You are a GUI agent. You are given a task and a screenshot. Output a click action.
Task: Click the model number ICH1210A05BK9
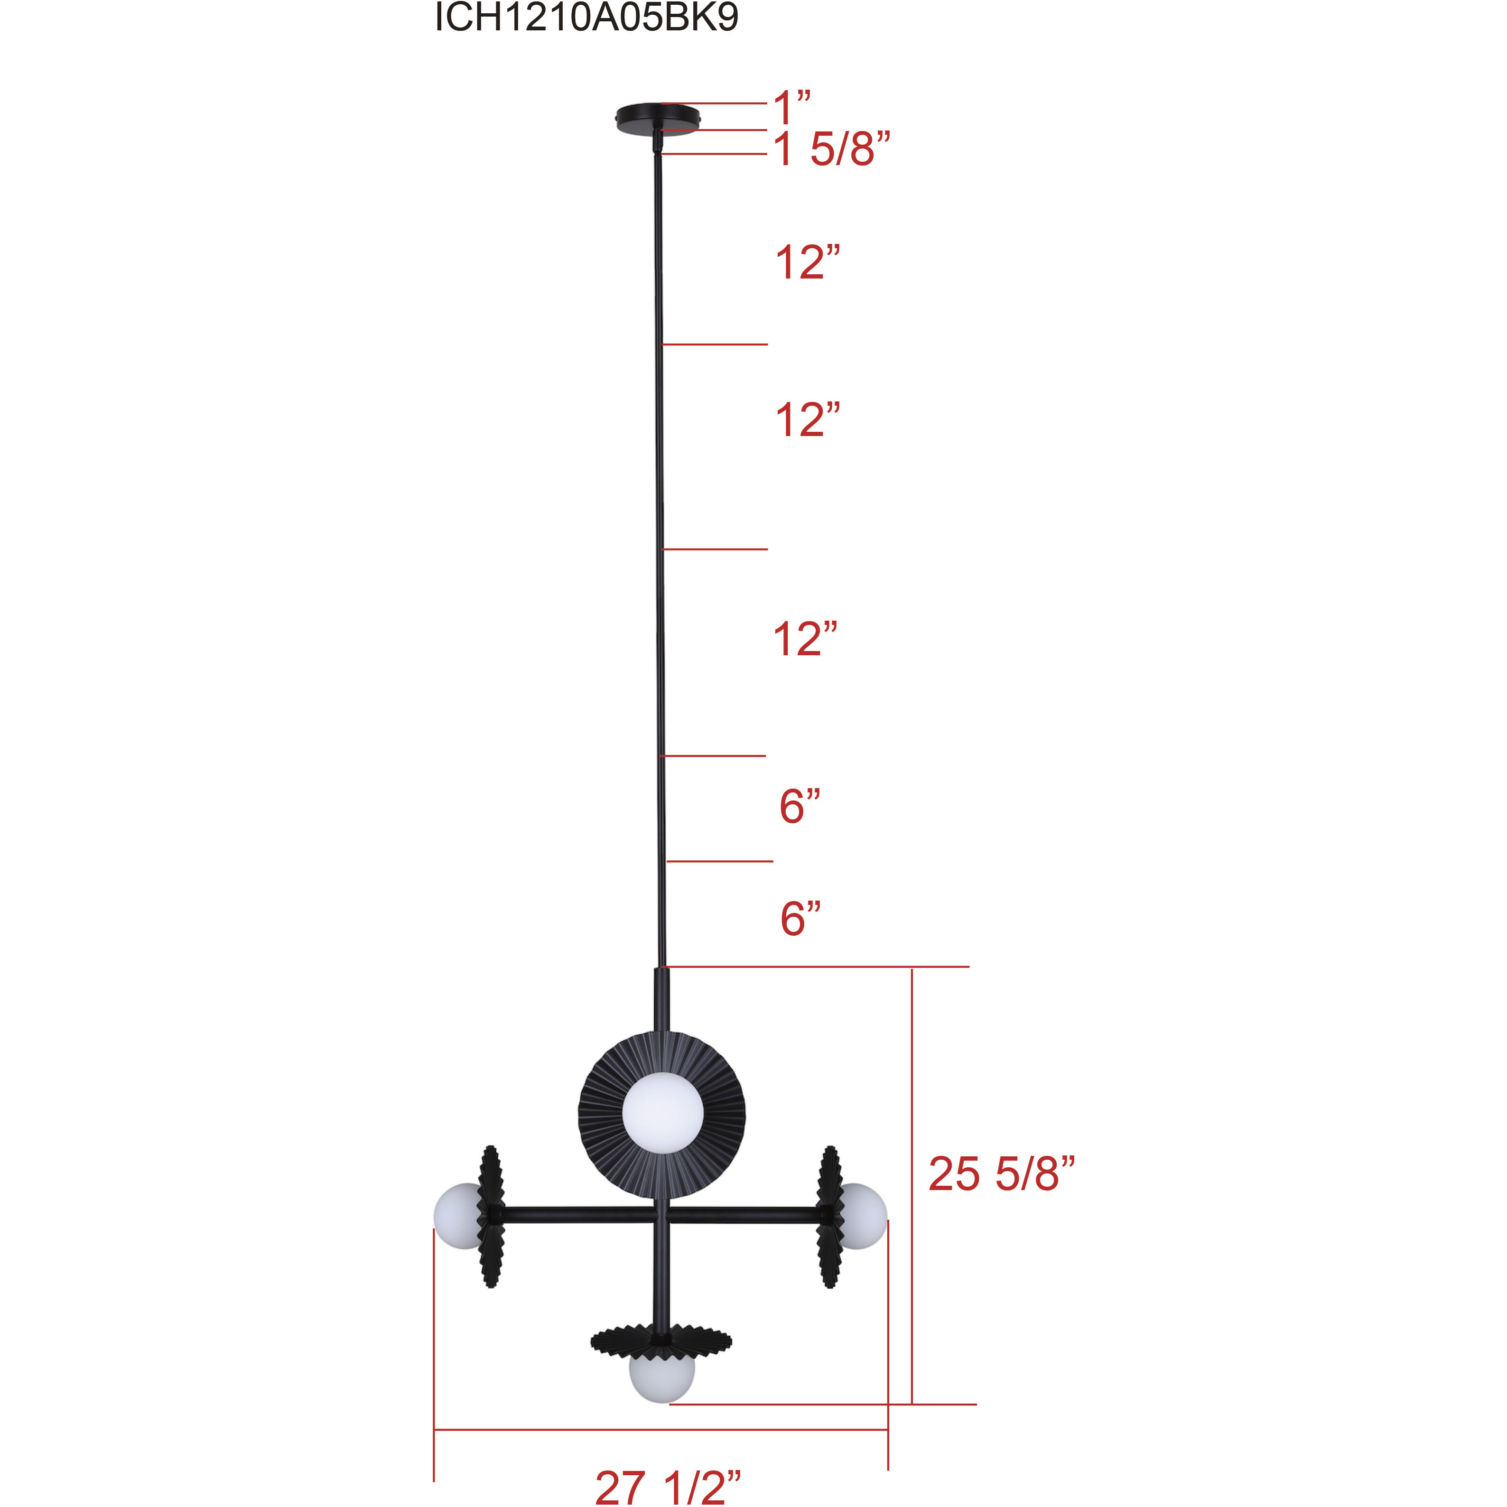tap(586, 17)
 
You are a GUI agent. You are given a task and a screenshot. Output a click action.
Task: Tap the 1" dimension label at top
tap(791, 107)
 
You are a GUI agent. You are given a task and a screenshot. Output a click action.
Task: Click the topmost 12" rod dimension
tap(807, 263)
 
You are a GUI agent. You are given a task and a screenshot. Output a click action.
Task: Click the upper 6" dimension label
tap(800, 807)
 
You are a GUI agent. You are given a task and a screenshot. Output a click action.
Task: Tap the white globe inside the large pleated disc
tap(663, 1112)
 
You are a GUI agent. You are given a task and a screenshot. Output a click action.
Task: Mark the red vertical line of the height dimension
tap(912, 1186)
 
